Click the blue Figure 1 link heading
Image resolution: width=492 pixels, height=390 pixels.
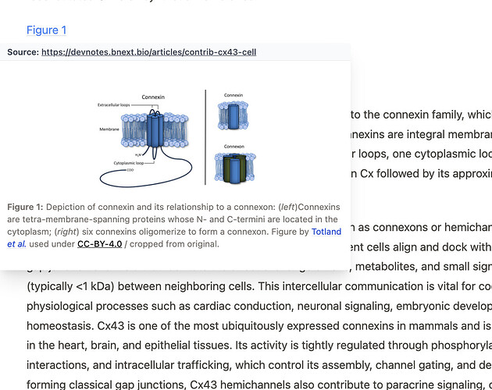tap(46, 30)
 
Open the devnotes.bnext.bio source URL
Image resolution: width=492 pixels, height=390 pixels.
tap(148, 52)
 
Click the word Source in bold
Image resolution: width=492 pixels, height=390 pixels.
tap(22, 52)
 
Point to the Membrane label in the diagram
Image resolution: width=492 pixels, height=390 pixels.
tap(109, 128)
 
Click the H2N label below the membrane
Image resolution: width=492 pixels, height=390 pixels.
tap(137, 157)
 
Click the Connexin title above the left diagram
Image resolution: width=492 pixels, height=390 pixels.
tap(153, 97)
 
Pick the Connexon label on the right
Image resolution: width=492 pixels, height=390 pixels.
tap(234, 146)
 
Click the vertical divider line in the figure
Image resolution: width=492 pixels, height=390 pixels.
tap(205, 136)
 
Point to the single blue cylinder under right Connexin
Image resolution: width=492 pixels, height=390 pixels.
tap(233, 116)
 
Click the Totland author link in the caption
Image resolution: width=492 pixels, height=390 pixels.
tap(326, 232)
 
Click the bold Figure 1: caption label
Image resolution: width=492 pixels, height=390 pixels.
tap(25, 207)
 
